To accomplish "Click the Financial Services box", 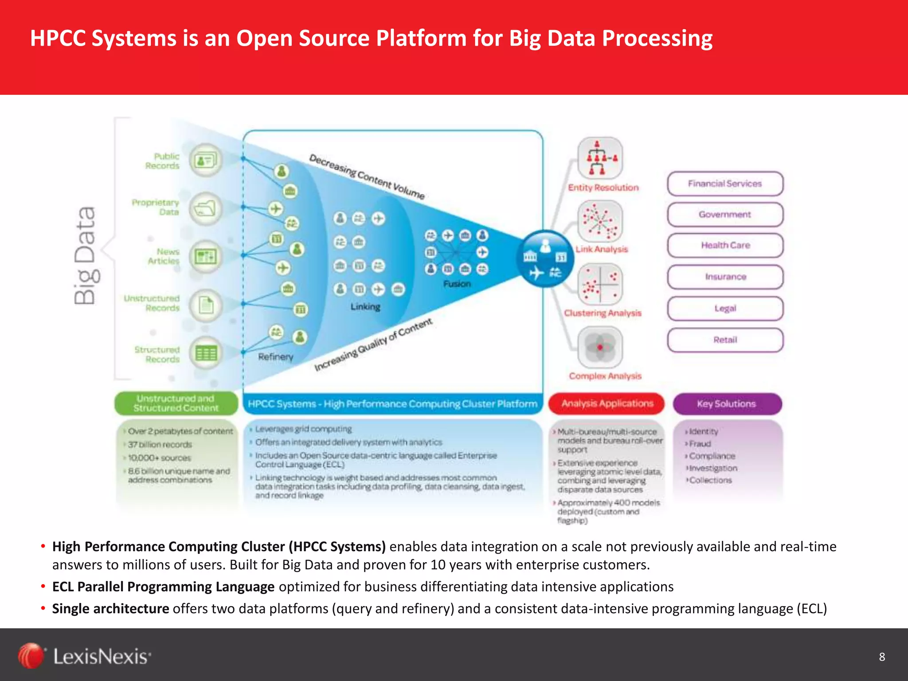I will [x=725, y=184].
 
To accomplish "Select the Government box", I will [x=725, y=215].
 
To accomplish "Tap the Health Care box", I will [x=725, y=245].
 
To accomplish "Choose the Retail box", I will [x=725, y=340].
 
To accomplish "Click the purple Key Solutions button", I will [x=727, y=403].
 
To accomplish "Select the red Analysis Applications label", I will [x=607, y=403].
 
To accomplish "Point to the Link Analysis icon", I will [x=600, y=221].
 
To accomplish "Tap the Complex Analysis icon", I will [x=600, y=347].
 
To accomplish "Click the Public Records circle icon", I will [x=205, y=160].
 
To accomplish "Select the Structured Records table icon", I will [x=206, y=353].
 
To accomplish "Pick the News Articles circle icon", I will [x=206, y=256].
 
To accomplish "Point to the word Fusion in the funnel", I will [x=457, y=284].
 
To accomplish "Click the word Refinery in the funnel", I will [x=275, y=357].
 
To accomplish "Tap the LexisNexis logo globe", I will [x=31, y=656].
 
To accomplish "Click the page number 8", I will [x=882, y=657].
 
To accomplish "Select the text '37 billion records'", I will [x=160, y=445].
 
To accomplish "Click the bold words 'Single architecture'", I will [x=110, y=609].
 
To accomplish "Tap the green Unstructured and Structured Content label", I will [x=176, y=403].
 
